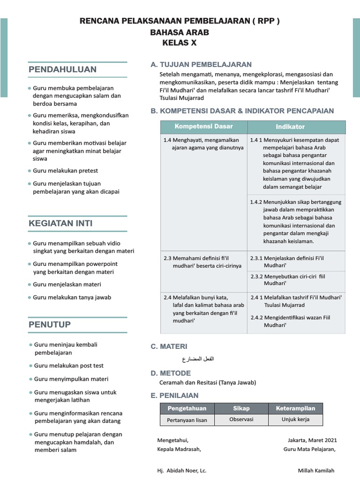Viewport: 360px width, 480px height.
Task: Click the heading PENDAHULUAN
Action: click(63, 70)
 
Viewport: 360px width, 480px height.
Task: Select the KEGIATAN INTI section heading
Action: click(60, 224)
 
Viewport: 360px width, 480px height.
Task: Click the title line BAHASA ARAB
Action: click(180, 32)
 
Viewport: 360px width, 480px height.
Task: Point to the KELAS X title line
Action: click(180, 43)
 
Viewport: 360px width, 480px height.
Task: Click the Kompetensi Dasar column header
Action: click(203, 127)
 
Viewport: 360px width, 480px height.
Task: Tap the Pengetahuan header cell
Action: click(187, 409)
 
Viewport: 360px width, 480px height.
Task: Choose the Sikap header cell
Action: click(241, 409)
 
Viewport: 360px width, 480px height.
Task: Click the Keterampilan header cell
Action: click(295, 409)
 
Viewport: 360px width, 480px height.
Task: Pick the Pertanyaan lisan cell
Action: click(187, 420)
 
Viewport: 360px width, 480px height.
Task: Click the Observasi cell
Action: click(241, 420)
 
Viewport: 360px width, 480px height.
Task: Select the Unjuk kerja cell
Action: click(295, 420)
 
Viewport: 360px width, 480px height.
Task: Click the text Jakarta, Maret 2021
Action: click(312, 440)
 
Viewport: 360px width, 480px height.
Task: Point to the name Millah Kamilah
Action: click(316, 471)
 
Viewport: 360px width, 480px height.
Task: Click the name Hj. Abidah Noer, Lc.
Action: click(182, 471)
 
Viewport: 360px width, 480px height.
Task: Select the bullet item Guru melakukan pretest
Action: click(65, 171)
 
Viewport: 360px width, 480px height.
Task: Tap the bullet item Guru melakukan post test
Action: click(68, 366)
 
